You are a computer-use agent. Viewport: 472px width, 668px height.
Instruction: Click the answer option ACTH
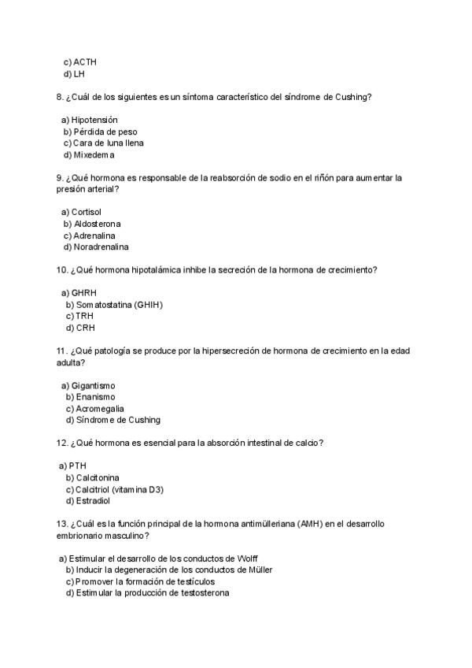pos(85,61)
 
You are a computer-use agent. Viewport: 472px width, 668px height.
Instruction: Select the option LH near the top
pos(79,73)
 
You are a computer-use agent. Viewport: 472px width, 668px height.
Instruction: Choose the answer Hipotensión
pos(94,120)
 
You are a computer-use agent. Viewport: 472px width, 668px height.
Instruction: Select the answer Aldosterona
pos(98,224)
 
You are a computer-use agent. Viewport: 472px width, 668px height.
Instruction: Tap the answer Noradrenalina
pos(101,247)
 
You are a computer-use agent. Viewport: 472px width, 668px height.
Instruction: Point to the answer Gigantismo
pos(93,385)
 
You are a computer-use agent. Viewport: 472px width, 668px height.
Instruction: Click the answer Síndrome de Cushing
pos(118,420)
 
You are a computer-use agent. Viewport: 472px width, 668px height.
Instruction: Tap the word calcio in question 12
pos(308,443)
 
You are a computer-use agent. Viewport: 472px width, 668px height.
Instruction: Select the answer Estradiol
pos(93,500)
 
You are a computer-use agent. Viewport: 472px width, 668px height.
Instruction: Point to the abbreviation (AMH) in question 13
pos(310,524)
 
